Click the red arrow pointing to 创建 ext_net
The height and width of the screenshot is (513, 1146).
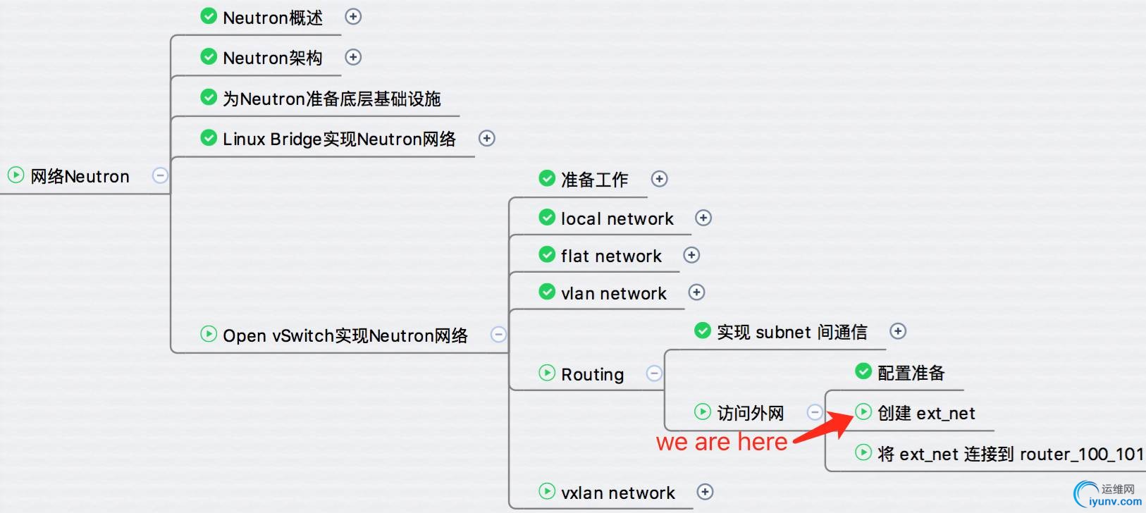click(x=825, y=428)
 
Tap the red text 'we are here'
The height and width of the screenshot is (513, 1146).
click(x=721, y=443)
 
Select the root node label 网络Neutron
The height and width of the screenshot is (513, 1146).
click(x=80, y=176)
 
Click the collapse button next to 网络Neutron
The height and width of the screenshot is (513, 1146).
click(x=161, y=175)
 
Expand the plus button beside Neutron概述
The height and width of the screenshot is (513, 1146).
click(x=353, y=16)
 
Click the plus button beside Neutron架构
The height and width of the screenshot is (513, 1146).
click(x=353, y=57)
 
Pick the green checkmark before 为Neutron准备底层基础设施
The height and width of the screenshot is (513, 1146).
click(x=209, y=97)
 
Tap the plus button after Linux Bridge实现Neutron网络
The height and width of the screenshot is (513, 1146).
click(x=487, y=138)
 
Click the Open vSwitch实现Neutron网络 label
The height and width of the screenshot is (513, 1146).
click(x=345, y=335)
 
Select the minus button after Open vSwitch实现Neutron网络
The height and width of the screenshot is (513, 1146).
click(x=498, y=334)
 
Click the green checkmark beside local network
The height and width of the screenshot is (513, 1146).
click(x=547, y=217)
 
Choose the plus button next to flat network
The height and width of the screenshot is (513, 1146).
click(x=691, y=255)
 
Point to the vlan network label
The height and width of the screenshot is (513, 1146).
click(x=613, y=293)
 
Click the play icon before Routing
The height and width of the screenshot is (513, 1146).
click(x=547, y=373)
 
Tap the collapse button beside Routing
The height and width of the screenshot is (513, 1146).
click(x=654, y=373)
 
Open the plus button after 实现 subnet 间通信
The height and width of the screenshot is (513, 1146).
click(x=898, y=331)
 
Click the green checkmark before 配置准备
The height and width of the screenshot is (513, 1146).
click(x=863, y=371)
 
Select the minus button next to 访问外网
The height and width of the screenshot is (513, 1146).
click(x=815, y=412)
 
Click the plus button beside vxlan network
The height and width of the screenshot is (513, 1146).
click(x=705, y=492)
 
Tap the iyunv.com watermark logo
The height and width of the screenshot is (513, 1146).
click(x=1107, y=494)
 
